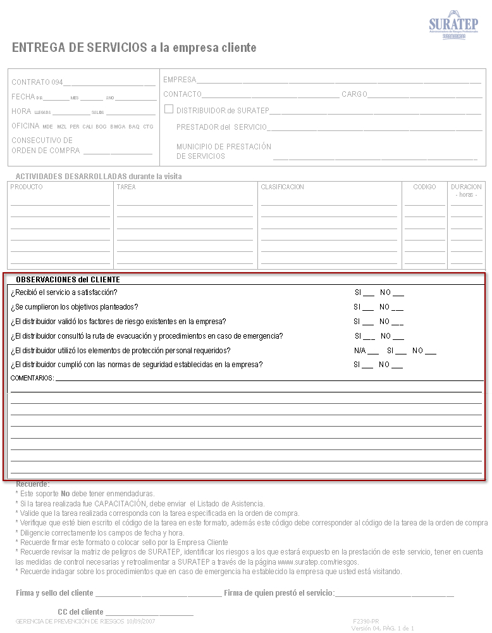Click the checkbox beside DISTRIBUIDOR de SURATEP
click(x=169, y=109)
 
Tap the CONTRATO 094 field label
click(x=37, y=82)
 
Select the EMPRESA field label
click(x=180, y=80)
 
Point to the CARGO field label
click(x=354, y=94)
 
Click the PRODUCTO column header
click(x=27, y=187)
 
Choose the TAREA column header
click(x=126, y=187)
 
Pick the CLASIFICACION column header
click(x=282, y=187)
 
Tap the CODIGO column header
click(x=424, y=187)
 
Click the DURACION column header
click(x=466, y=187)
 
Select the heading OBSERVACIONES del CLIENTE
click(x=68, y=279)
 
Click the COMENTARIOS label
click(x=32, y=379)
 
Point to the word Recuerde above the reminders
click(x=32, y=484)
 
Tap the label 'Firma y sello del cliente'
click(x=54, y=593)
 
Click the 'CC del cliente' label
click(x=80, y=612)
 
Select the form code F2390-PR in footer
click(x=366, y=622)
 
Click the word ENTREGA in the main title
click(x=35, y=48)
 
